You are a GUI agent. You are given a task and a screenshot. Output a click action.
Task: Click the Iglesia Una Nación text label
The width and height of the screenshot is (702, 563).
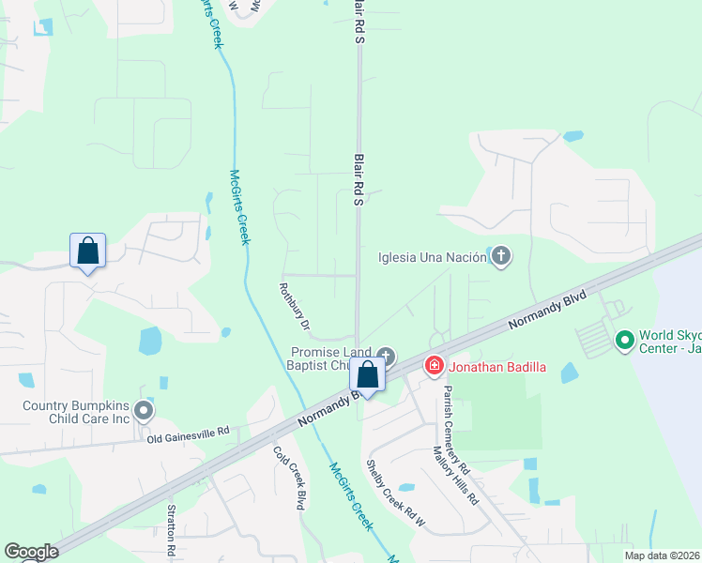point(431,257)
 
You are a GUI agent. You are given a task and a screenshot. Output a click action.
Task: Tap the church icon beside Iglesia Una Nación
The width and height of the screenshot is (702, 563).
point(501,257)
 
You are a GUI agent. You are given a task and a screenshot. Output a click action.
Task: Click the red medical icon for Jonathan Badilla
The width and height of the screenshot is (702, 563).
point(434,365)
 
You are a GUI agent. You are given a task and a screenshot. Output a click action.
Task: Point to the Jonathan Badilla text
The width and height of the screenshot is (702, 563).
point(497,365)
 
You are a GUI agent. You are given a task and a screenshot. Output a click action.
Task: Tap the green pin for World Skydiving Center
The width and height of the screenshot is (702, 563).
point(623,340)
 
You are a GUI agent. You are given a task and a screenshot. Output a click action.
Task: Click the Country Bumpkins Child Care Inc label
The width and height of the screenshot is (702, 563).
point(74,414)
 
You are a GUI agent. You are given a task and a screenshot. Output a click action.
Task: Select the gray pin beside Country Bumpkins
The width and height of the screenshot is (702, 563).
point(143,410)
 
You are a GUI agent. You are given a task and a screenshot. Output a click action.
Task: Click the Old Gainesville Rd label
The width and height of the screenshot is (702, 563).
point(188,433)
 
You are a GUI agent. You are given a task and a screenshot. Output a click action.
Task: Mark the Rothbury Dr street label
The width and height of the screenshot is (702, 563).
point(294,308)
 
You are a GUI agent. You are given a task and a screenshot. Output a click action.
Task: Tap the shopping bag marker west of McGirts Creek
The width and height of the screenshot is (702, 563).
point(87,251)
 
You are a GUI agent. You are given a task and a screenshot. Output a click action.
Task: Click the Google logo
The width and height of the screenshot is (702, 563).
point(31,552)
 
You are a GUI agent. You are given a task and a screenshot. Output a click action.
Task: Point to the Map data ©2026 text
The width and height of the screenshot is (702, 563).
point(663,555)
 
